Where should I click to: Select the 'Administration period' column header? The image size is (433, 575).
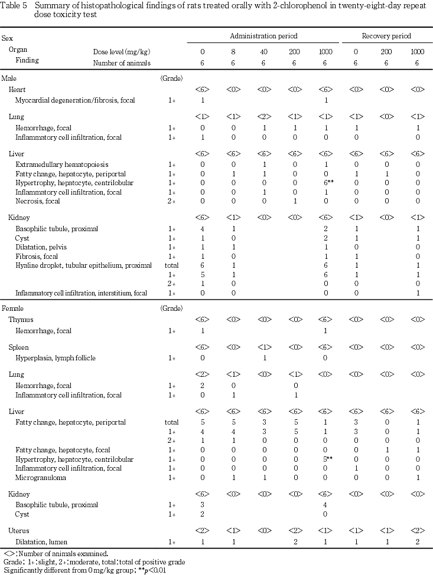pos(264,37)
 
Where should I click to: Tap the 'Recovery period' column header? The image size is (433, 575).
pos(386,37)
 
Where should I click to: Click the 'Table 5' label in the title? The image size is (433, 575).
pos(13,5)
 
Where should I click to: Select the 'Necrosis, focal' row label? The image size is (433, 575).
pos(38,201)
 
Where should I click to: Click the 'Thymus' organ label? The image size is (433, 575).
pos(21,319)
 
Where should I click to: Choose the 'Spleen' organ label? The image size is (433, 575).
pos(18,347)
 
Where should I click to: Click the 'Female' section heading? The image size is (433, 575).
pos(11,308)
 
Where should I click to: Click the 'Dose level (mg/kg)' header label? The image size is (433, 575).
pos(122,51)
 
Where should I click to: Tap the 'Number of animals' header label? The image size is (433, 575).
pos(122,63)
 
